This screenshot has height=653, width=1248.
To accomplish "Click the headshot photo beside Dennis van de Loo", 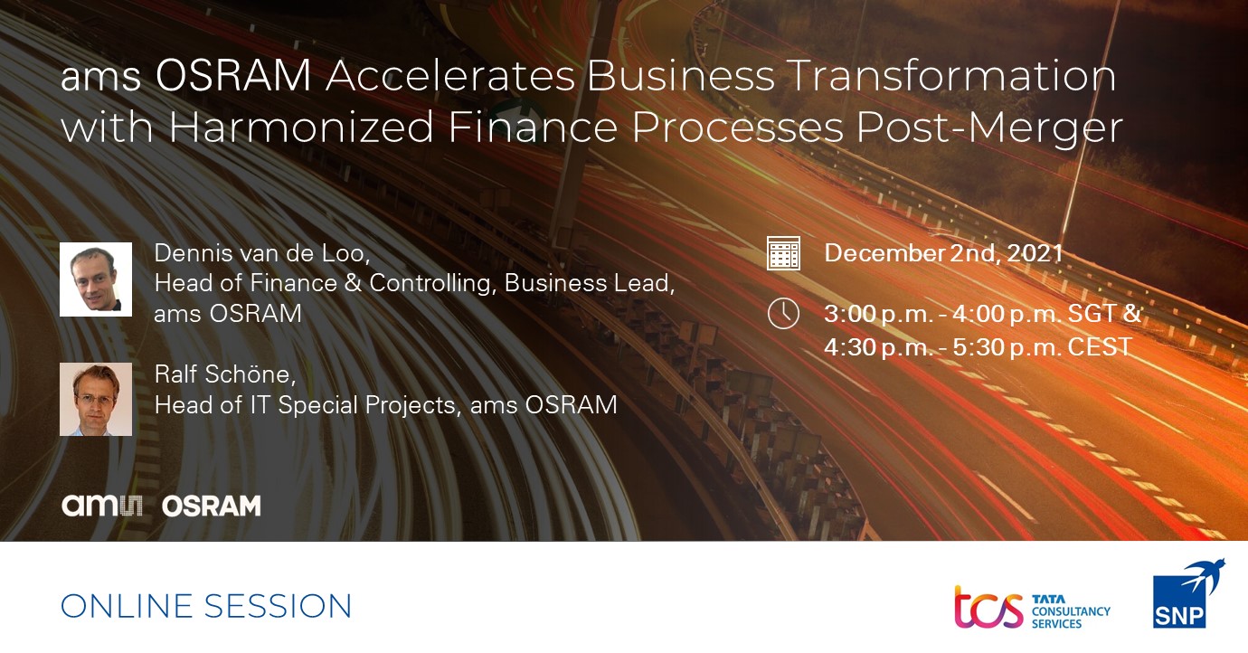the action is [x=96, y=279].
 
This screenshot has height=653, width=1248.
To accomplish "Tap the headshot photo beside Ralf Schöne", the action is [x=96, y=399].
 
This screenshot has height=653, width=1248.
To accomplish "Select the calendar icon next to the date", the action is [x=783, y=253].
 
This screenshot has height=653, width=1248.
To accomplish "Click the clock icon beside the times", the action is [x=783, y=313].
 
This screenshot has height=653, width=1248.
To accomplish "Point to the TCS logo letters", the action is [x=989, y=607].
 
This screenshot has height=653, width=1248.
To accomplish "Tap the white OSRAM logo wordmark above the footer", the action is [x=211, y=506].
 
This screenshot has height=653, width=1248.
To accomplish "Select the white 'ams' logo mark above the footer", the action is [x=102, y=506].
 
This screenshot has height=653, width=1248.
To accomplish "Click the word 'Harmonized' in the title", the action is [x=301, y=127].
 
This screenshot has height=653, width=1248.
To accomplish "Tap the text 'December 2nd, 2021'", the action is [x=944, y=253].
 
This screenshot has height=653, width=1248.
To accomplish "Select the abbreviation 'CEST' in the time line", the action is [x=1101, y=346].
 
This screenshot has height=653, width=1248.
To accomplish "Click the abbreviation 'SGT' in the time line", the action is [x=1092, y=313].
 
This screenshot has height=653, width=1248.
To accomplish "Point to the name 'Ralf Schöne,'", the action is [x=225, y=374].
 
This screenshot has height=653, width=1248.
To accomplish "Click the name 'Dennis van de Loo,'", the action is [x=262, y=253].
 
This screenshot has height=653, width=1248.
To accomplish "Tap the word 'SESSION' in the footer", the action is [x=278, y=606].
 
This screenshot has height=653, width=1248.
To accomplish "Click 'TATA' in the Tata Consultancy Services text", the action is [x=1048, y=600].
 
